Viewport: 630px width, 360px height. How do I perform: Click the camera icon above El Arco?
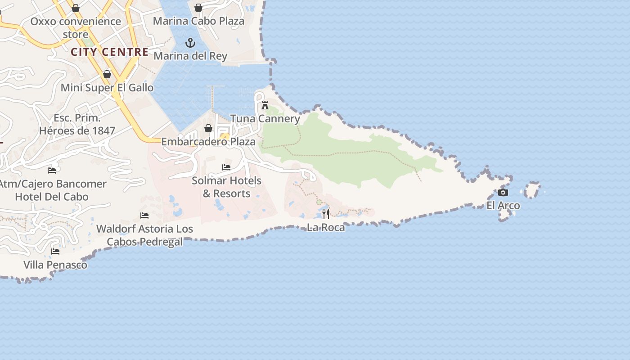[503, 193]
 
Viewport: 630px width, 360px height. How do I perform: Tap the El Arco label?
[503, 206]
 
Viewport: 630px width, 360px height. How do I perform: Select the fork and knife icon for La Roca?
[326, 214]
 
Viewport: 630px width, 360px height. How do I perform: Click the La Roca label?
[326, 227]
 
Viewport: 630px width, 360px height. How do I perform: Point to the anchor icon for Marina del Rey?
[190, 43]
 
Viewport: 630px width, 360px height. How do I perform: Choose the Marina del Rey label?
[190, 56]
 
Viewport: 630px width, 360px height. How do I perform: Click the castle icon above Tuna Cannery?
[265, 105]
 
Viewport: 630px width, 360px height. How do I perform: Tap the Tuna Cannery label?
[265, 118]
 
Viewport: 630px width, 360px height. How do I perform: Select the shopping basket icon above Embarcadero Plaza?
[208, 129]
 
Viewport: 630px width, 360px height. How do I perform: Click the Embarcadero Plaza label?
[208, 142]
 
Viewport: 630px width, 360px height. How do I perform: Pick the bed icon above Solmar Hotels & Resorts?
[226, 167]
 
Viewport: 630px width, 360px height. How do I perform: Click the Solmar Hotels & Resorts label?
[226, 187]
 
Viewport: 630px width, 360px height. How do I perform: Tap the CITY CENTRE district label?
[109, 52]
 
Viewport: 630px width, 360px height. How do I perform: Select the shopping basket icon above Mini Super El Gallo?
[107, 74]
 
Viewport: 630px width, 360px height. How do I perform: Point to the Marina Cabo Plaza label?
[198, 21]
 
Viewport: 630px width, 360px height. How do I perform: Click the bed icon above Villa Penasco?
[55, 252]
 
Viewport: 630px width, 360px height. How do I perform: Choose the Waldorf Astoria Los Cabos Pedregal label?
[144, 235]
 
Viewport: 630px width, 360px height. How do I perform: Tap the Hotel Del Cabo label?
[52, 197]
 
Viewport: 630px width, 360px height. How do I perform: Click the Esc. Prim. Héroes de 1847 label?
[77, 125]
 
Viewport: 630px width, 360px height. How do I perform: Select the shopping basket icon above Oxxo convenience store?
[76, 8]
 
